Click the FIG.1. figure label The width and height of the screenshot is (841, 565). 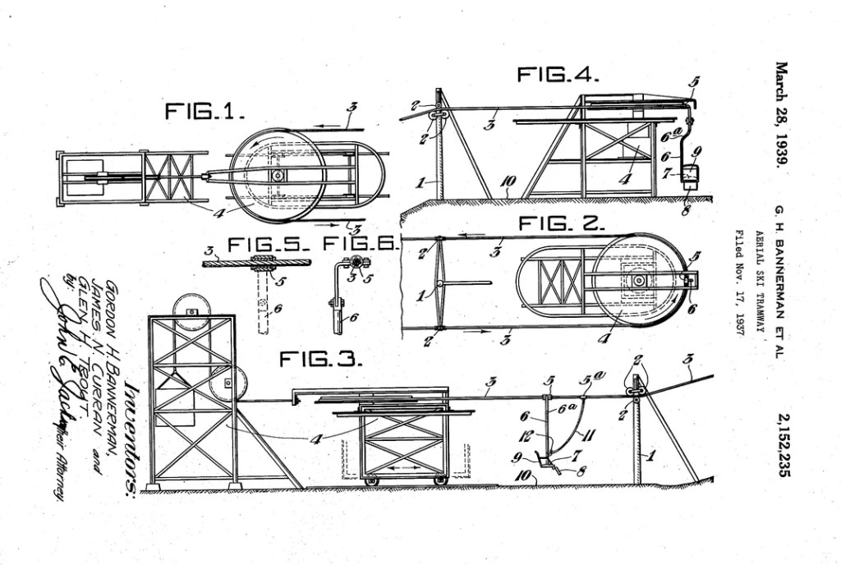click(204, 112)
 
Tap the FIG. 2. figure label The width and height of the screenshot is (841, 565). click(561, 223)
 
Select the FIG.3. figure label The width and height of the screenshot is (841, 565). click(321, 359)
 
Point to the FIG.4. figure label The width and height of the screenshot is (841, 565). click(558, 75)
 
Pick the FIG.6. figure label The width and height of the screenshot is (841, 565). click(360, 244)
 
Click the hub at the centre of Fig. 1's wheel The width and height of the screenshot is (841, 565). click(278, 176)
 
